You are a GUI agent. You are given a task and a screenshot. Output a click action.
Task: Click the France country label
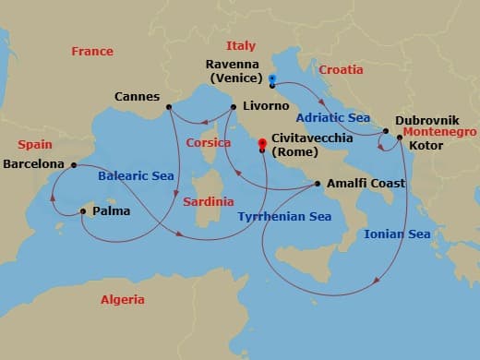click(x=91, y=51)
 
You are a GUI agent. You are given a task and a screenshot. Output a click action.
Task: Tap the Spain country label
click(x=34, y=145)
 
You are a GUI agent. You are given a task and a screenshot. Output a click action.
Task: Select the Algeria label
click(x=123, y=299)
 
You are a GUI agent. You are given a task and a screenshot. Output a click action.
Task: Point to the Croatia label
click(x=341, y=69)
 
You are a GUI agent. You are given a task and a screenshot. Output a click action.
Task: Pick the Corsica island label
click(x=208, y=143)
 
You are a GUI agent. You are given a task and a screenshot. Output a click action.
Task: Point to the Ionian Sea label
click(x=397, y=234)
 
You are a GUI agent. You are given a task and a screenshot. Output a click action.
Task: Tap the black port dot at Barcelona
click(x=74, y=164)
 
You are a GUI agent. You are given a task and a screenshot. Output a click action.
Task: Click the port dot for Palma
click(x=83, y=211)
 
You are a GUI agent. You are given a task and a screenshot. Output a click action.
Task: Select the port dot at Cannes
click(x=170, y=107)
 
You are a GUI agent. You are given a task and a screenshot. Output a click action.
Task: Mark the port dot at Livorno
click(x=230, y=107)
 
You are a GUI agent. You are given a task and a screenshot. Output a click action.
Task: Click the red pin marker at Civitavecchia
click(x=262, y=143)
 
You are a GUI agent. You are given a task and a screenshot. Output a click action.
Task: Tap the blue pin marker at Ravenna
click(x=272, y=79)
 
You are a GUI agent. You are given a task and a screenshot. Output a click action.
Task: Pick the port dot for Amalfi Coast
click(x=318, y=184)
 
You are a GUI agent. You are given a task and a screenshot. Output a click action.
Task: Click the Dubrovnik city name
click(x=426, y=120)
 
